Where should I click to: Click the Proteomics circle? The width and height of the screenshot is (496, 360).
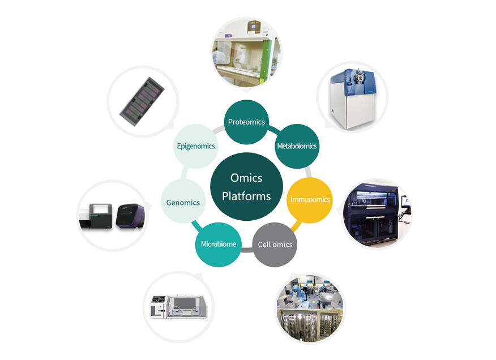(x=246, y=122)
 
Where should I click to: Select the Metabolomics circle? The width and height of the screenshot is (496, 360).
(x=297, y=146)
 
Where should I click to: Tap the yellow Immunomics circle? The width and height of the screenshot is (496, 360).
(x=310, y=200)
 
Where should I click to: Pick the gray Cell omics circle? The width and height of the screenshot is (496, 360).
(x=275, y=245)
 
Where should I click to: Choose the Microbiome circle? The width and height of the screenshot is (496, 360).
(x=218, y=245)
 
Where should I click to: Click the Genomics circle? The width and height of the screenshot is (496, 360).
(x=183, y=202)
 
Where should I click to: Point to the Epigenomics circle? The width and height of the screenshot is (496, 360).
(x=196, y=146)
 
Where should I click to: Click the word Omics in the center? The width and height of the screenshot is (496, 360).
(x=246, y=178)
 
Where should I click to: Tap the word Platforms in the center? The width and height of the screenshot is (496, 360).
(x=246, y=196)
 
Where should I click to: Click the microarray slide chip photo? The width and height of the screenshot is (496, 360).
(x=142, y=101)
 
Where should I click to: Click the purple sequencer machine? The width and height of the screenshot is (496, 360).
(x=130, y=216)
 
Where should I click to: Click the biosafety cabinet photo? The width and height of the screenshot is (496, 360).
(x=246, y=52)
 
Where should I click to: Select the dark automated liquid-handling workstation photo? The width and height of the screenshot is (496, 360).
(x=377, y=214)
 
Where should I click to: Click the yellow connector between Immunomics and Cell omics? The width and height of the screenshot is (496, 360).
(x=296, y=226)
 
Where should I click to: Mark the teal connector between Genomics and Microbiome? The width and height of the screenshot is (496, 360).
(x=196, y=225)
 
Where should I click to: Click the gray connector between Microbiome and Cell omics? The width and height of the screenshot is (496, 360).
(x=247, y=250)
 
